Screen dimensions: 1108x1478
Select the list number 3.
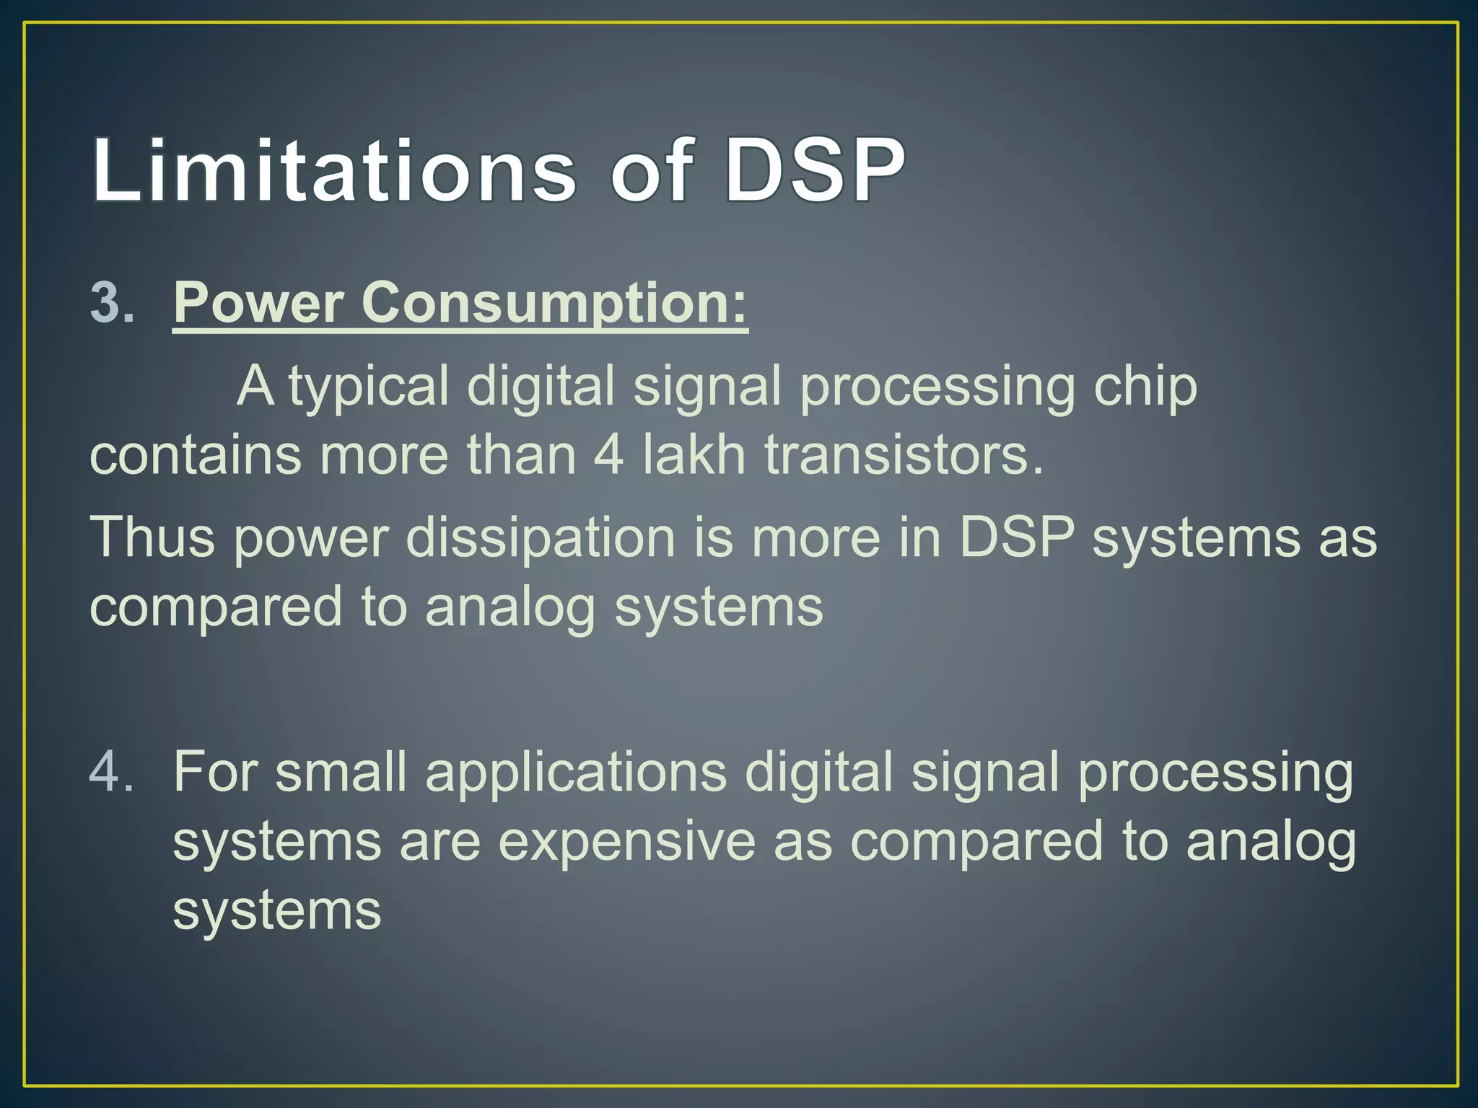[x=111, y=303]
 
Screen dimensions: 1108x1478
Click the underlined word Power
[x=258, y=303]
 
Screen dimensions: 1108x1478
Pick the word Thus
[x=152, y=537]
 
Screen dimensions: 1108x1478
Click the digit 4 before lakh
[x=608, y=455]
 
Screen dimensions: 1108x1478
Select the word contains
[x=195, y=455]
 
